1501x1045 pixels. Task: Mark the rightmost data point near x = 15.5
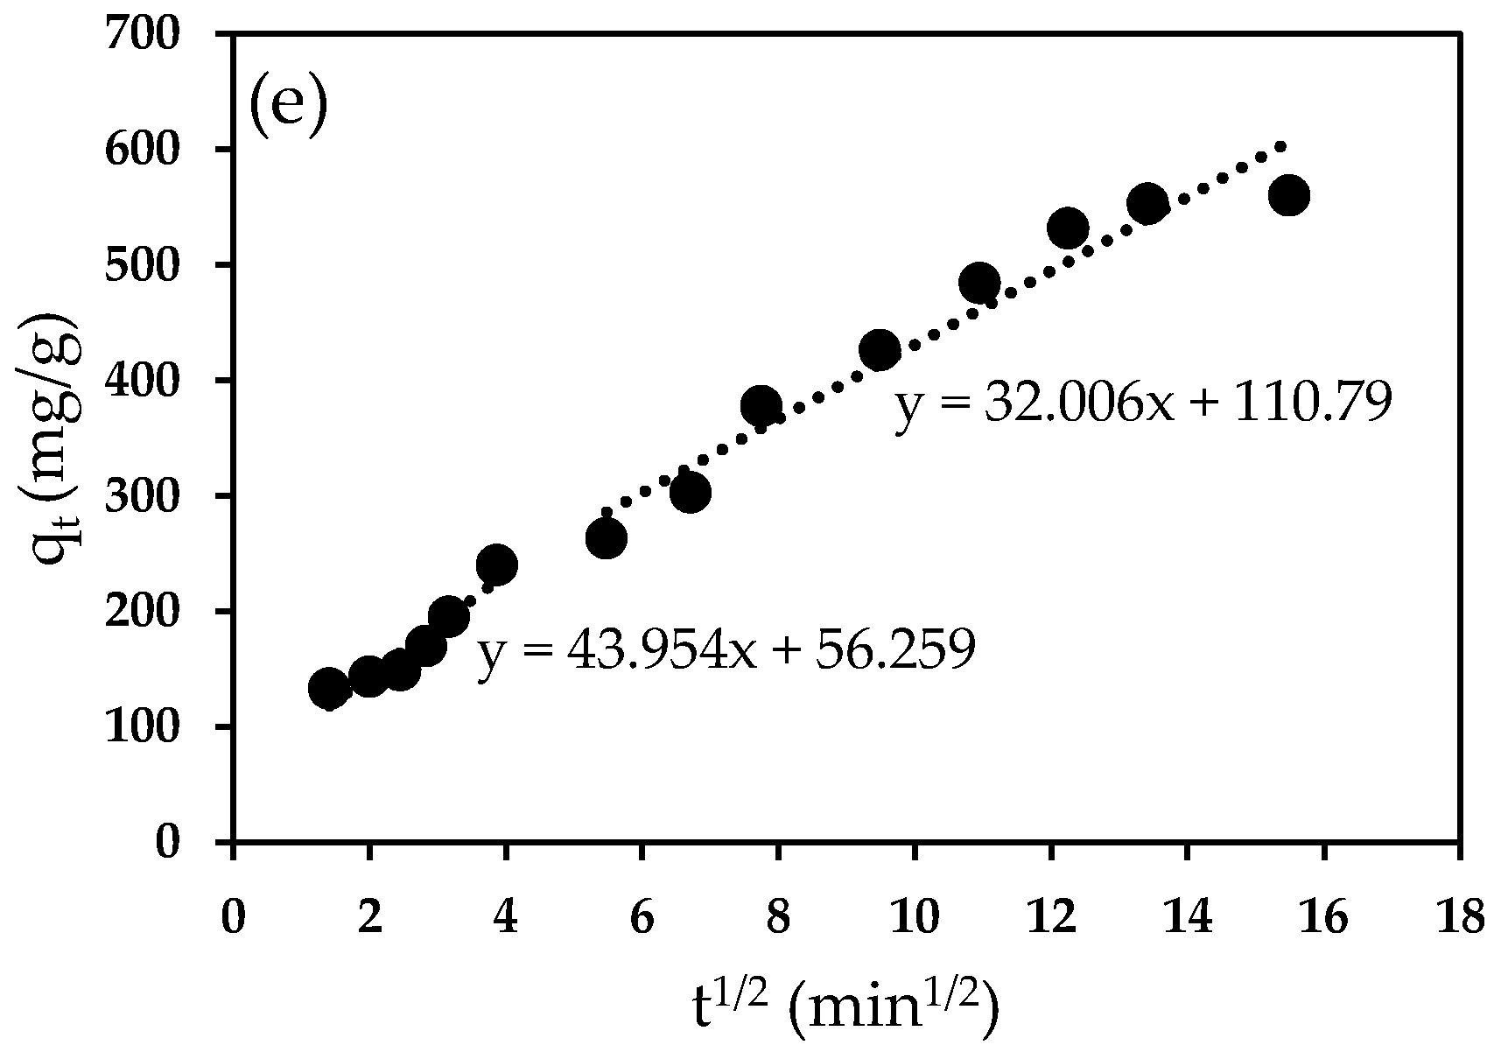click(x=1288, y=195)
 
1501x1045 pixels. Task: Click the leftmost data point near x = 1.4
click(x=329, y=688)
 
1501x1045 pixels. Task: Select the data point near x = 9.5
click(x=880, y=350)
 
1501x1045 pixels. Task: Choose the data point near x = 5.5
click(x=606, y=538)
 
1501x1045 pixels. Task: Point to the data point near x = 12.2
click(x=1067, y=228)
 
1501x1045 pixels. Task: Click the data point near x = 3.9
click(x=496, y=565)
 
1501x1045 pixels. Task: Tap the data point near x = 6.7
click(x=690, y=493)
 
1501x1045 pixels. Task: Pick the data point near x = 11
click(x=978, y=283)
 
